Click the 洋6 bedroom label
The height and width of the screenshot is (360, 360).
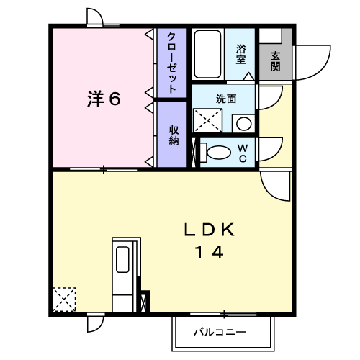[104, 99]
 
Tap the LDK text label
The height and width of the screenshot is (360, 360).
[209, 230]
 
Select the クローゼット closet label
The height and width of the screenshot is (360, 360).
[172, 63]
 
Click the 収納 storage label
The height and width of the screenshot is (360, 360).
[174, 135]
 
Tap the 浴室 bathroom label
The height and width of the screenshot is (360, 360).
[240, 55]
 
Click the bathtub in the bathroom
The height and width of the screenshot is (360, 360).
[207, 54]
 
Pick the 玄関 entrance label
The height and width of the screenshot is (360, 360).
[276, 61]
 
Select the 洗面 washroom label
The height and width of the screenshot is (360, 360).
[226, 99]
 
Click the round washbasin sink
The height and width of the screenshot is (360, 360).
[244, 124]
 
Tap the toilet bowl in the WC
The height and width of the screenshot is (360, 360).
[219, 153]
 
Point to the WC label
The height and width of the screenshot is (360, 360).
[243, 153]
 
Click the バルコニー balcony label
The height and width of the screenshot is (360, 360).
[220, 333]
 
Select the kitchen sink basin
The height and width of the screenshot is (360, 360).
[122, 259]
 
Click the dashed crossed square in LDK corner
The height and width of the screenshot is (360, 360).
[64, 300]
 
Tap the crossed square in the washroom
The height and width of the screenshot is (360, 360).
[208, 120]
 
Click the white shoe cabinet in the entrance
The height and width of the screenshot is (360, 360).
[271, 36]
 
